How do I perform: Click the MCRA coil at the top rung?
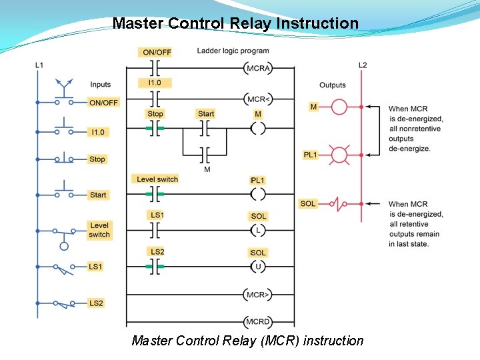[x=258, y=69]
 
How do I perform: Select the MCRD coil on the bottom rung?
[x=258, y=321]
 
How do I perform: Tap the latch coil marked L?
[x=258, y=231]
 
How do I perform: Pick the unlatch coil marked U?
[x=258, y=267]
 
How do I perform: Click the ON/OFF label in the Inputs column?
[x=103, y=103]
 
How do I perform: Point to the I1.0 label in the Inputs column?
[x=98, y=132]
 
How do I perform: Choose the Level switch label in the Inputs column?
[x=99, y=230]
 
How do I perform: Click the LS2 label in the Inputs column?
[x=97, y=303]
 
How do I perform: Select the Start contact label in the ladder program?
[x=206, y=114]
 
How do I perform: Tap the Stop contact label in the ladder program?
[x=155, y=114]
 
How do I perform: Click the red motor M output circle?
[x=339, y=107]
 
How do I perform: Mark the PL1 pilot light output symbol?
[x=339, y=155]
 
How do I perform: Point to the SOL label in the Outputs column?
[x=308, y=203]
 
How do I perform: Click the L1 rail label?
[x=39, y=65]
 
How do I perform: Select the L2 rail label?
[x=362, y=65]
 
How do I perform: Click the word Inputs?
[x=101, y=85]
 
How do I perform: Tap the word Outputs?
[x=333, y=85]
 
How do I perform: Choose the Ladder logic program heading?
[x=233, y=51]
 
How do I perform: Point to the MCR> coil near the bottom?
[x=258, y=294]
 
